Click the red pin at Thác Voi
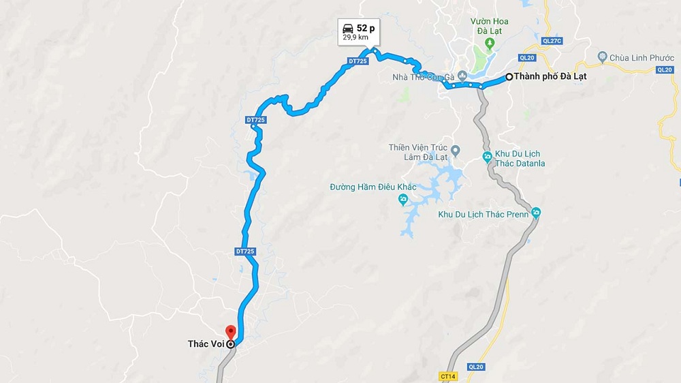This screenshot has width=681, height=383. pyautogui.click(x=230, y=332)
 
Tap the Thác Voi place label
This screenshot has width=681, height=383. pyautogui.click(x=206, y=344)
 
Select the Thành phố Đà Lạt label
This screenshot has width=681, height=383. pyautogui.click(x=550, y=76)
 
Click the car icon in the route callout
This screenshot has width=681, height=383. pyautogui.click(x=348, y=29)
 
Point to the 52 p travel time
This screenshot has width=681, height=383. pyautogui.click(x=366, y=29)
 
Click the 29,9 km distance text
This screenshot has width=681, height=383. pyautogui.click(x=356, y=37)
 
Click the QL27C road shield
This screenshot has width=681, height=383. pyautogui.click(x=552, y=41)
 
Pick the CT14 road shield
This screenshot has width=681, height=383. pyautogui.click(x=448, y=376)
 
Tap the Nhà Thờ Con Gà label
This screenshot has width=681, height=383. pyautogui.click(x=423, y=76)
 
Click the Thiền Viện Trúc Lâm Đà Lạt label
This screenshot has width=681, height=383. pyautogui.click(x=418, y=152)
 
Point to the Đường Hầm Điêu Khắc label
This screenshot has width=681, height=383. pyautogui.click(x=373, y=187)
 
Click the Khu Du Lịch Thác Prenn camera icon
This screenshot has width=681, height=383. pyautogui.click(x=535, y=213)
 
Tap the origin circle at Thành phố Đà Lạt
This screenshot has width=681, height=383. pyautogui.click(x=509, y=76)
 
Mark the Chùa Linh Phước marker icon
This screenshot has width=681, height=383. pyautogui.click(x=602, y=57)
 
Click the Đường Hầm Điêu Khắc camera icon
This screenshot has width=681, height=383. pyautogui.click(x=403, y=199)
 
